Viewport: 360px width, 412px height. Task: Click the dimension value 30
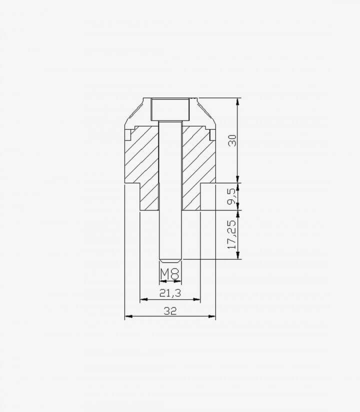click(x=232, y=141)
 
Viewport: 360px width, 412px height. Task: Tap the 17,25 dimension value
click(x=232, y=234)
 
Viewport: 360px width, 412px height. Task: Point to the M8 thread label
click(x=170, y=274)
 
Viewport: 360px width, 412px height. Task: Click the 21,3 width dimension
click(x=170, y=293)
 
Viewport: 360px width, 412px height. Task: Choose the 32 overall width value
click(x=170, y=311)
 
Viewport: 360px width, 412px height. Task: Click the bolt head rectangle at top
click(x=170, y=109)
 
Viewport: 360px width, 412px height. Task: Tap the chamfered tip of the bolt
click(x=170, y=261)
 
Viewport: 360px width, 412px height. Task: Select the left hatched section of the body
click(x=141, y=168)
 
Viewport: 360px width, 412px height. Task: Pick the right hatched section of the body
click(x=198, y=168)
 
